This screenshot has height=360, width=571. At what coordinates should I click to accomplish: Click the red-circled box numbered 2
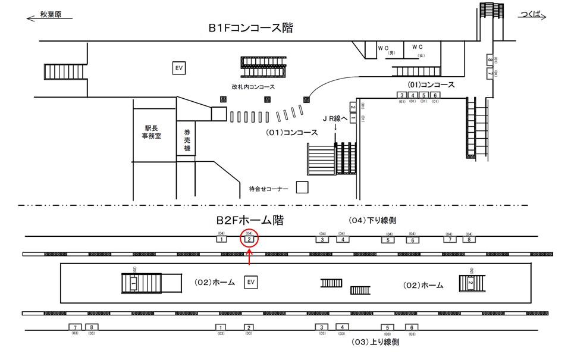pyautogui.click(x=250, y=239)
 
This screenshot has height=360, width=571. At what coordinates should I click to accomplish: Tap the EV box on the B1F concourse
pyautogui.click(x=178, y=68)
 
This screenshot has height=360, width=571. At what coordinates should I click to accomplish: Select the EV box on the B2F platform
pyautogui.click(x=251, y=281)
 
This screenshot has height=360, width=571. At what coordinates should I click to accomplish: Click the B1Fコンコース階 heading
pyautogui.click(x=250, y=28)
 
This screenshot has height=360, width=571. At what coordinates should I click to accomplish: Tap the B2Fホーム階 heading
pyautogui.click(x=250, y=221)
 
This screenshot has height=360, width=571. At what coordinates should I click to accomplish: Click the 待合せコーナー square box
pyautogui.click(x=302, y=188)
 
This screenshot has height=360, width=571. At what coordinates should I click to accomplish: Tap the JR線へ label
pyautogui.click(x=336, y=118)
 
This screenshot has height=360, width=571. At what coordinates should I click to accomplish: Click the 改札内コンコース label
pyautogui.click(x=253, y=87)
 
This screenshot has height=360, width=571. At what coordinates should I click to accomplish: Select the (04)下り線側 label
pyautogui.click(x=372, y=220)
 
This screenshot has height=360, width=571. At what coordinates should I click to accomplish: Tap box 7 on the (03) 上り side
pyautogui.click(x=75, y=327)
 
